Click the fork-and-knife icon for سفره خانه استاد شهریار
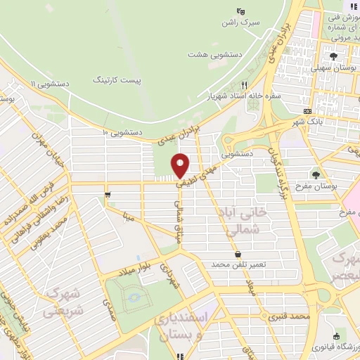point(244,83)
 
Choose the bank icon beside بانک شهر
point(307,112)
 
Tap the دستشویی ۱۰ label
point(122,131)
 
